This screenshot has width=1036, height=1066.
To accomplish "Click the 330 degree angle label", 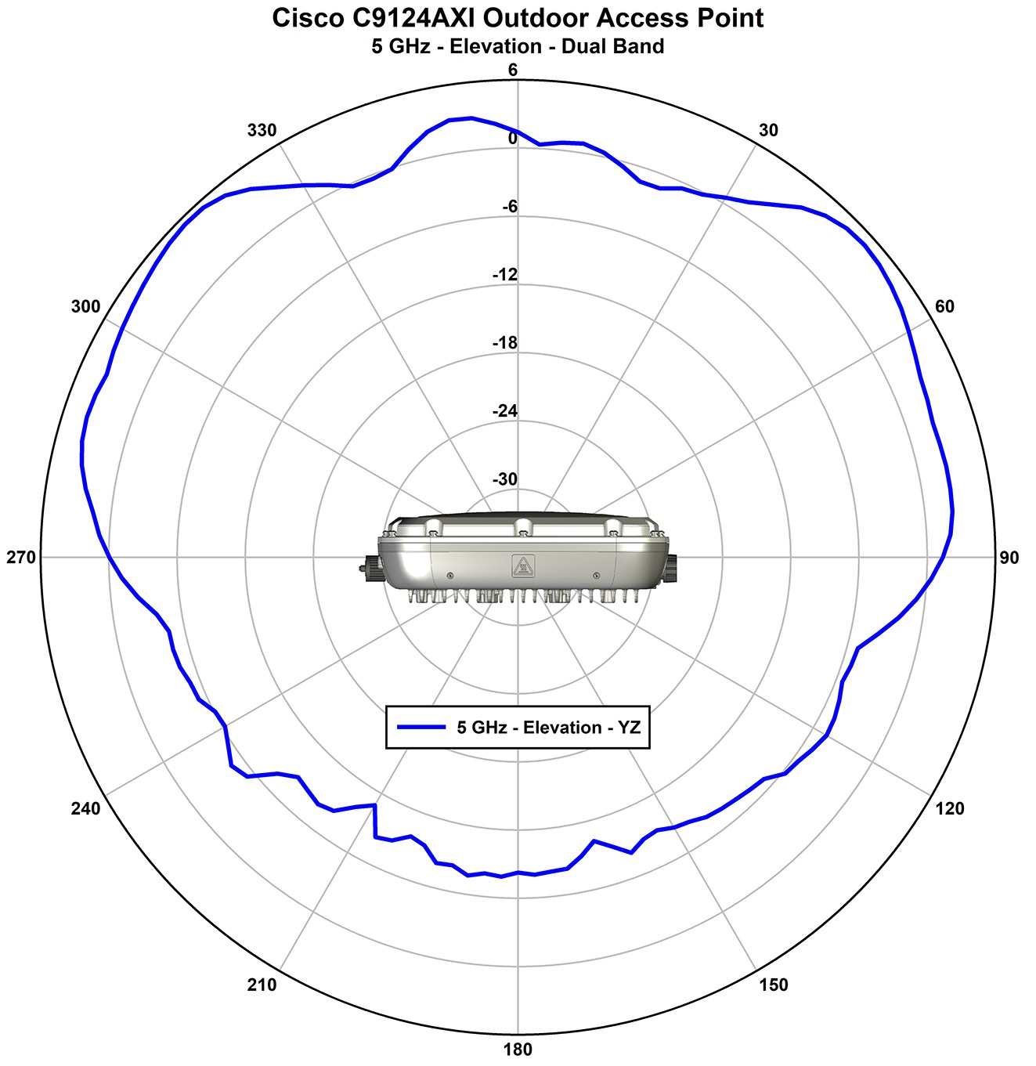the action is (x=262, y=130).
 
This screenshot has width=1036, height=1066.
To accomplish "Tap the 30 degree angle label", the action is (x=768, y=130).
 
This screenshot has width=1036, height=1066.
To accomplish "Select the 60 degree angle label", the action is (x=944, y=306).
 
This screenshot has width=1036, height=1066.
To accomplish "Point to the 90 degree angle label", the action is (x=1009, y=558).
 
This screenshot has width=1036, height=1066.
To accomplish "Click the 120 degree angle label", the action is (x=949, y=808).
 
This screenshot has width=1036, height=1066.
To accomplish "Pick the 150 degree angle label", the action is (x=773, y=985).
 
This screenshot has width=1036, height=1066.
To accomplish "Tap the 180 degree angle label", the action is (x=518, y=1050).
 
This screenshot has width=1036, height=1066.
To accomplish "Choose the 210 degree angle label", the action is (x=262, y=985).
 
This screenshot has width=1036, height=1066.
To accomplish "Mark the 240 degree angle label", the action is (x=85, y=808).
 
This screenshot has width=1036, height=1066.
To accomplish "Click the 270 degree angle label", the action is (x=21, y=558).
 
